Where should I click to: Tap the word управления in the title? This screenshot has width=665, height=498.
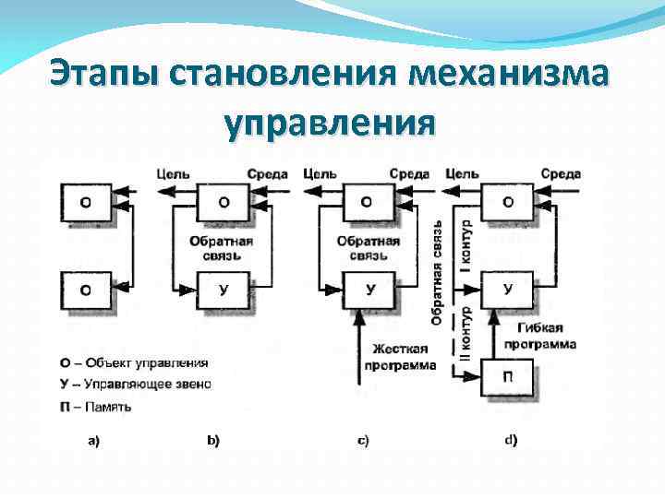pyautogui.click(x=329, y=124)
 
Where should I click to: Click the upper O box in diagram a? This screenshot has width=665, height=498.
pyautogui.click(x=86, y=201)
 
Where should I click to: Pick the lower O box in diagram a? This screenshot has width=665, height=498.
pyautogui.click(x=86, y=290)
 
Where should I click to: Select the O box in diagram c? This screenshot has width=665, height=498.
pyautogui.click(x=368, y=201)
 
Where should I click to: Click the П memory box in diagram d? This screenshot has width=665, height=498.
pyautogui.click(x=509, y=377)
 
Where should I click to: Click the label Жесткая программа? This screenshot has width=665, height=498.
pyautogui.click(x=404, y=356)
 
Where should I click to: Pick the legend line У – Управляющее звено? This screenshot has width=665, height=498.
pyautogui.click(x=133, y=384)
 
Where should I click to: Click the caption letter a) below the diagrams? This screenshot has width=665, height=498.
pyautogui.click(x=94, y=441)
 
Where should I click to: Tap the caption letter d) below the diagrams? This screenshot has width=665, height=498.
pyautogui.click(x=511, y=440)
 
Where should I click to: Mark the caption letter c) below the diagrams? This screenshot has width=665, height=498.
pyautogui.click(x=363, y=441)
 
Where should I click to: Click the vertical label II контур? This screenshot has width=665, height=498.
pyautogui.click(x=465, y=335)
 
